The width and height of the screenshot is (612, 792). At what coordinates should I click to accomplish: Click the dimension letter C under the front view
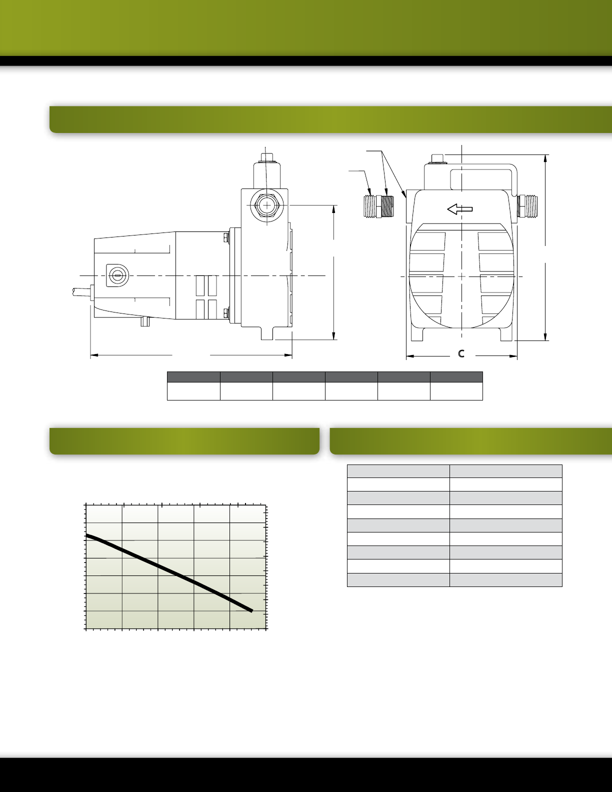461,353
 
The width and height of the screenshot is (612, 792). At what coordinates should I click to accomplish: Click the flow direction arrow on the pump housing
459,209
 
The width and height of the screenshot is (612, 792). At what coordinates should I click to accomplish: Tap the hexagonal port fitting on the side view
267,205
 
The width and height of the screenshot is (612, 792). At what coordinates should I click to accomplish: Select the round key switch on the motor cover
116,275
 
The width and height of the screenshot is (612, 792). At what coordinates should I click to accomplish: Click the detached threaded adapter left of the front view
378,206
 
